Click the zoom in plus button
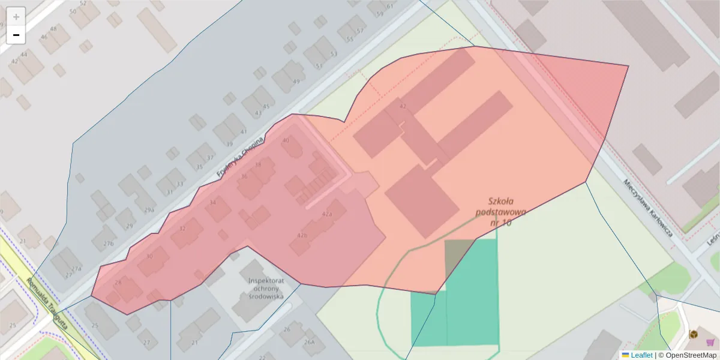click(16, 16)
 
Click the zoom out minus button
click(16, 35)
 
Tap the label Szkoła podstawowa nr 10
click(500, 212)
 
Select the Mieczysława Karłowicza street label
click(647, 208)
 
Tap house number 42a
click(327, 214)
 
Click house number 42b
click(302, 235)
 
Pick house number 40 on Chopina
click(286, 140)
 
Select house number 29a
click(149, 210)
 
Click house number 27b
click(108, 244)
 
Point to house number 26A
click(309, 342)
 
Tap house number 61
click(389, 7)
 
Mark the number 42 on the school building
click(403, 106)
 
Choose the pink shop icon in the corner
click(710, 342)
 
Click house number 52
click(83, 3)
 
